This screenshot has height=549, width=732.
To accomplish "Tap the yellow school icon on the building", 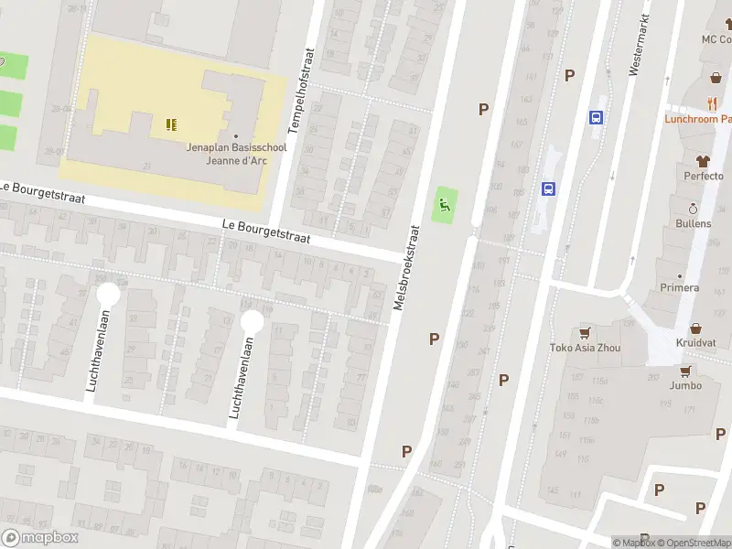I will click(x=171, y=124).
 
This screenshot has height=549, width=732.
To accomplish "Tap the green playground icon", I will click(x=445, y=205).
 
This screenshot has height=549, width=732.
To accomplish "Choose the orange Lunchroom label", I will click(x=698, y=119).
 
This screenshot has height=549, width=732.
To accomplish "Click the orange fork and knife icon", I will click(x=712, y=103).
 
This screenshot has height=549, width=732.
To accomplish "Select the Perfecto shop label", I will click(x=704, y=176).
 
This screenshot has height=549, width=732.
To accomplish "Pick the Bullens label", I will click(x=694, y=223).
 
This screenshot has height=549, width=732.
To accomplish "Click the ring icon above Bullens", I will click(x=693, y=208).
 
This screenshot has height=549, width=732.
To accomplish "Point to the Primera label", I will click(x=680, y=287).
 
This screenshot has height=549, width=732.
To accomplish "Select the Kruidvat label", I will click(x=696, y=342).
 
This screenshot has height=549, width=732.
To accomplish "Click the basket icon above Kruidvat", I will click(x=696, y=327).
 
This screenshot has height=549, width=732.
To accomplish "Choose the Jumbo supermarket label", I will click(x=684, y=385).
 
